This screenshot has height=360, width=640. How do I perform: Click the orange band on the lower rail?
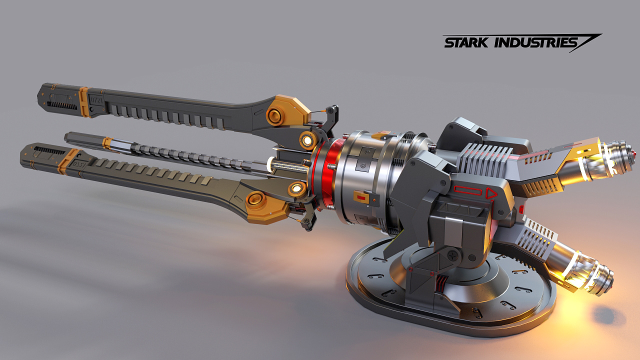[x=64, y=160]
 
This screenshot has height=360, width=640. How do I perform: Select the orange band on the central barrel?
[x=107, y=142]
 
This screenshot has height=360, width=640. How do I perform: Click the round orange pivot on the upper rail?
[x=275, y=115]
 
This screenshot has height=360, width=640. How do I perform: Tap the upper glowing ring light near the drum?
[x=306, y=141]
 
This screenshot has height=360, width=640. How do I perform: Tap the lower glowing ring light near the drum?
[x=298, y=188]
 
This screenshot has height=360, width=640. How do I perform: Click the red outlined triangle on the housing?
[x=491, y=193]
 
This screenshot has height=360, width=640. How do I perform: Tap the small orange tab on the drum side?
[x=360, y=197]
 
